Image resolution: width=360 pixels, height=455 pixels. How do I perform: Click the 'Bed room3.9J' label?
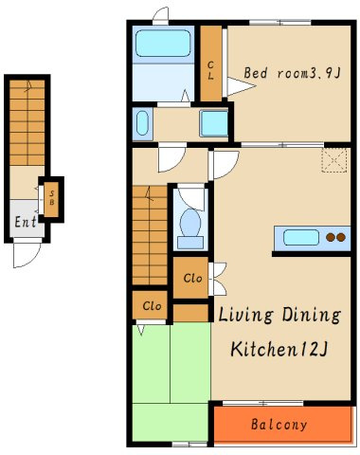[x=292, y=73]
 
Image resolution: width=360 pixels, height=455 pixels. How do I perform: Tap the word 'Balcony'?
[x=279, y=425]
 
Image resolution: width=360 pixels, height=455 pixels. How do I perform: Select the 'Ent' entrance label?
[x=26, y=222]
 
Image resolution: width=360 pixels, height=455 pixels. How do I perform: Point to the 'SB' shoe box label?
[x=52, y=198]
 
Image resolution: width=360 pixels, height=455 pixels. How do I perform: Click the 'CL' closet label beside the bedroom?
[x=210, y=70]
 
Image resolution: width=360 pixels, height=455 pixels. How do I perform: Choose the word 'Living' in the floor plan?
[x=245, y=315]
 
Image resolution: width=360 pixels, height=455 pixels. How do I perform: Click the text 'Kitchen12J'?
[x=279, y=349]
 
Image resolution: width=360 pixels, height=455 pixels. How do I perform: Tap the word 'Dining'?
[x=312, y=315]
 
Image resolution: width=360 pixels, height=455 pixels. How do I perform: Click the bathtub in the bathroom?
[x=163, y=44]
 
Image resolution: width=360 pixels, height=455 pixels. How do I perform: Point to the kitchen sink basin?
[x=301, y=238]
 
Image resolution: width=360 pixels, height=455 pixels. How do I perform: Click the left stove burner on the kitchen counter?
[x=331, y=237]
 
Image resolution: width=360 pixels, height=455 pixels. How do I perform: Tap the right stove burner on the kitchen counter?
[x=341, y=237]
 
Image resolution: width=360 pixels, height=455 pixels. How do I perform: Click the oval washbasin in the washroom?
[x=142, y=123]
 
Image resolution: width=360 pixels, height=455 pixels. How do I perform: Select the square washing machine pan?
[x=214, y=123]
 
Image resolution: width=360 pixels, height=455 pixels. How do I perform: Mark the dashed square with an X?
[x=334, y=160]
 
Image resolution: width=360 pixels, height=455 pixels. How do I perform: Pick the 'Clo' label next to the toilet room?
[x=192, y=279]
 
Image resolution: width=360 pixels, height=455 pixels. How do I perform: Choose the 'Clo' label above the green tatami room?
[x=152, y=306]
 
